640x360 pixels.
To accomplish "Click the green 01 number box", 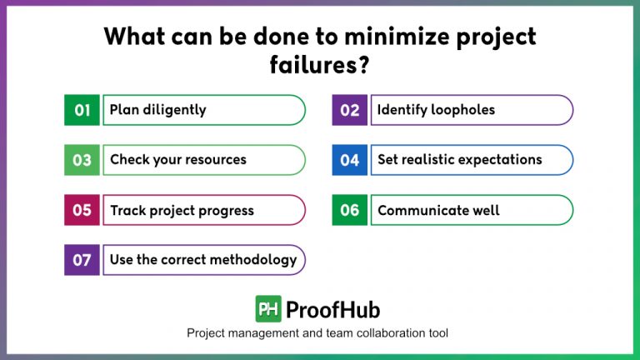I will pos(82,110).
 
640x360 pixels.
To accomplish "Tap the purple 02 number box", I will pos(350,110).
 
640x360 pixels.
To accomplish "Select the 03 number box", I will pos(82,160).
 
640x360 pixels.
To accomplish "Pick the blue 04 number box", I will pos(350,160).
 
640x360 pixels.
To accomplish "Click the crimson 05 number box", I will pos(82,210).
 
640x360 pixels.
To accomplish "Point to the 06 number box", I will pos(350,210).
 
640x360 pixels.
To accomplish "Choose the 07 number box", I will pos(82,260).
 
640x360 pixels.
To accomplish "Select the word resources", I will pos(212,160).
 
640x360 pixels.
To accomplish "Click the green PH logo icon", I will pos(268,309).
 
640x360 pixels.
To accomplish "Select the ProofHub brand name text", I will pos(332,310).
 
